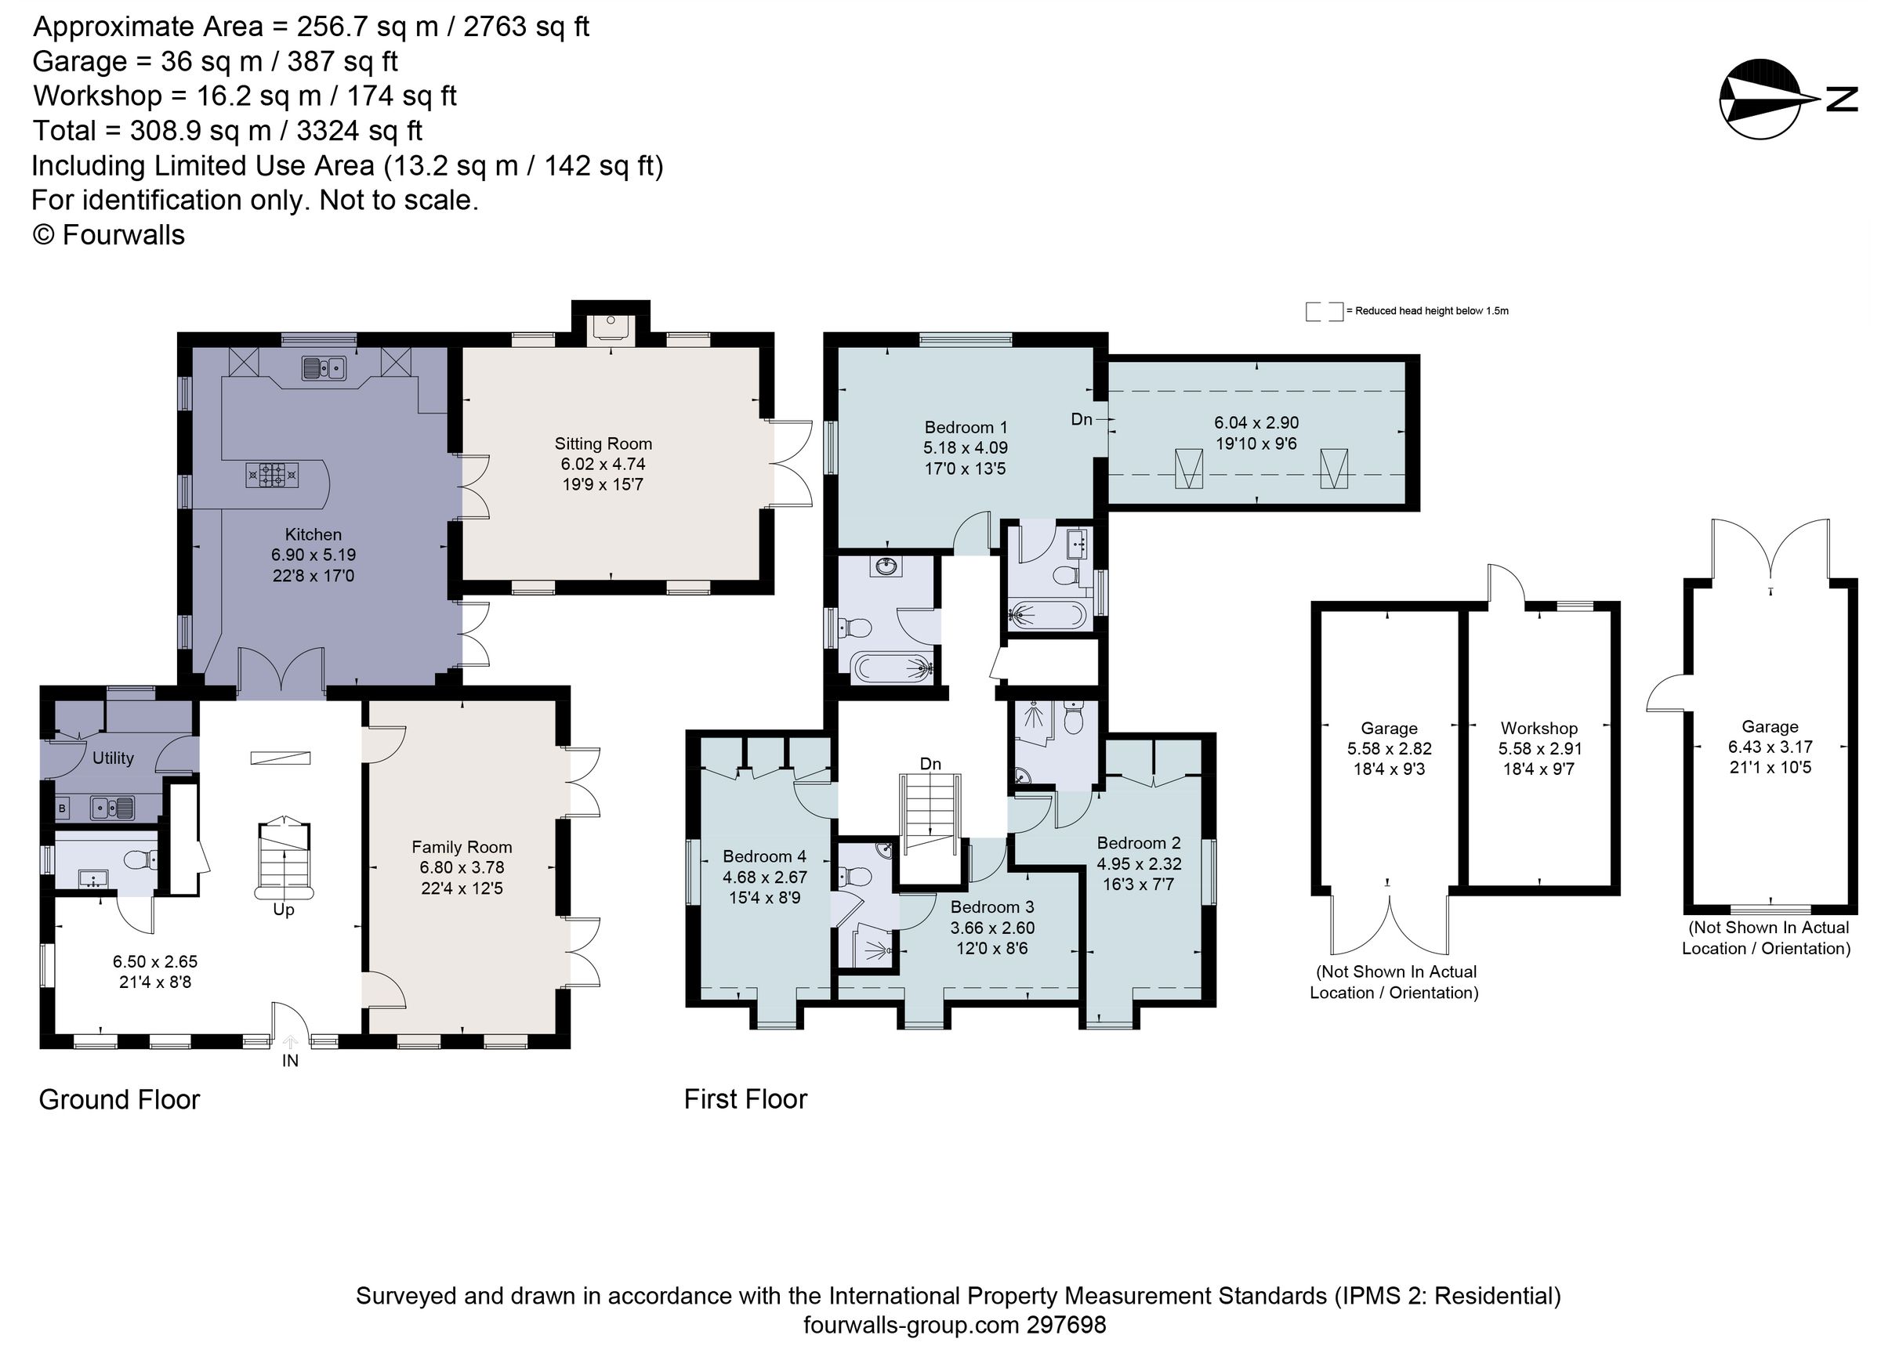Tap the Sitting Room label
coord(603,443)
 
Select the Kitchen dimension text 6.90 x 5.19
coord(313,555)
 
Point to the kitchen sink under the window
coord(324,368)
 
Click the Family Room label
coord(462,847)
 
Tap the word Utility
coord(113,758)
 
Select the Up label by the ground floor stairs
coord(284,910)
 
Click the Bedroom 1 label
coord(966,427)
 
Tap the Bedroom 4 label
coord(763,856)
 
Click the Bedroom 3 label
coord(991,906)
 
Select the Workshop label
coord(1539,728)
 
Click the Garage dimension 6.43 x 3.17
coord(1769,747)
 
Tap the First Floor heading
coord(745,1099)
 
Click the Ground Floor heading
coord(119,1099)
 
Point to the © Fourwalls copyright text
coord(108,234)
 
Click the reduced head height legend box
coord(1323,312)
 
